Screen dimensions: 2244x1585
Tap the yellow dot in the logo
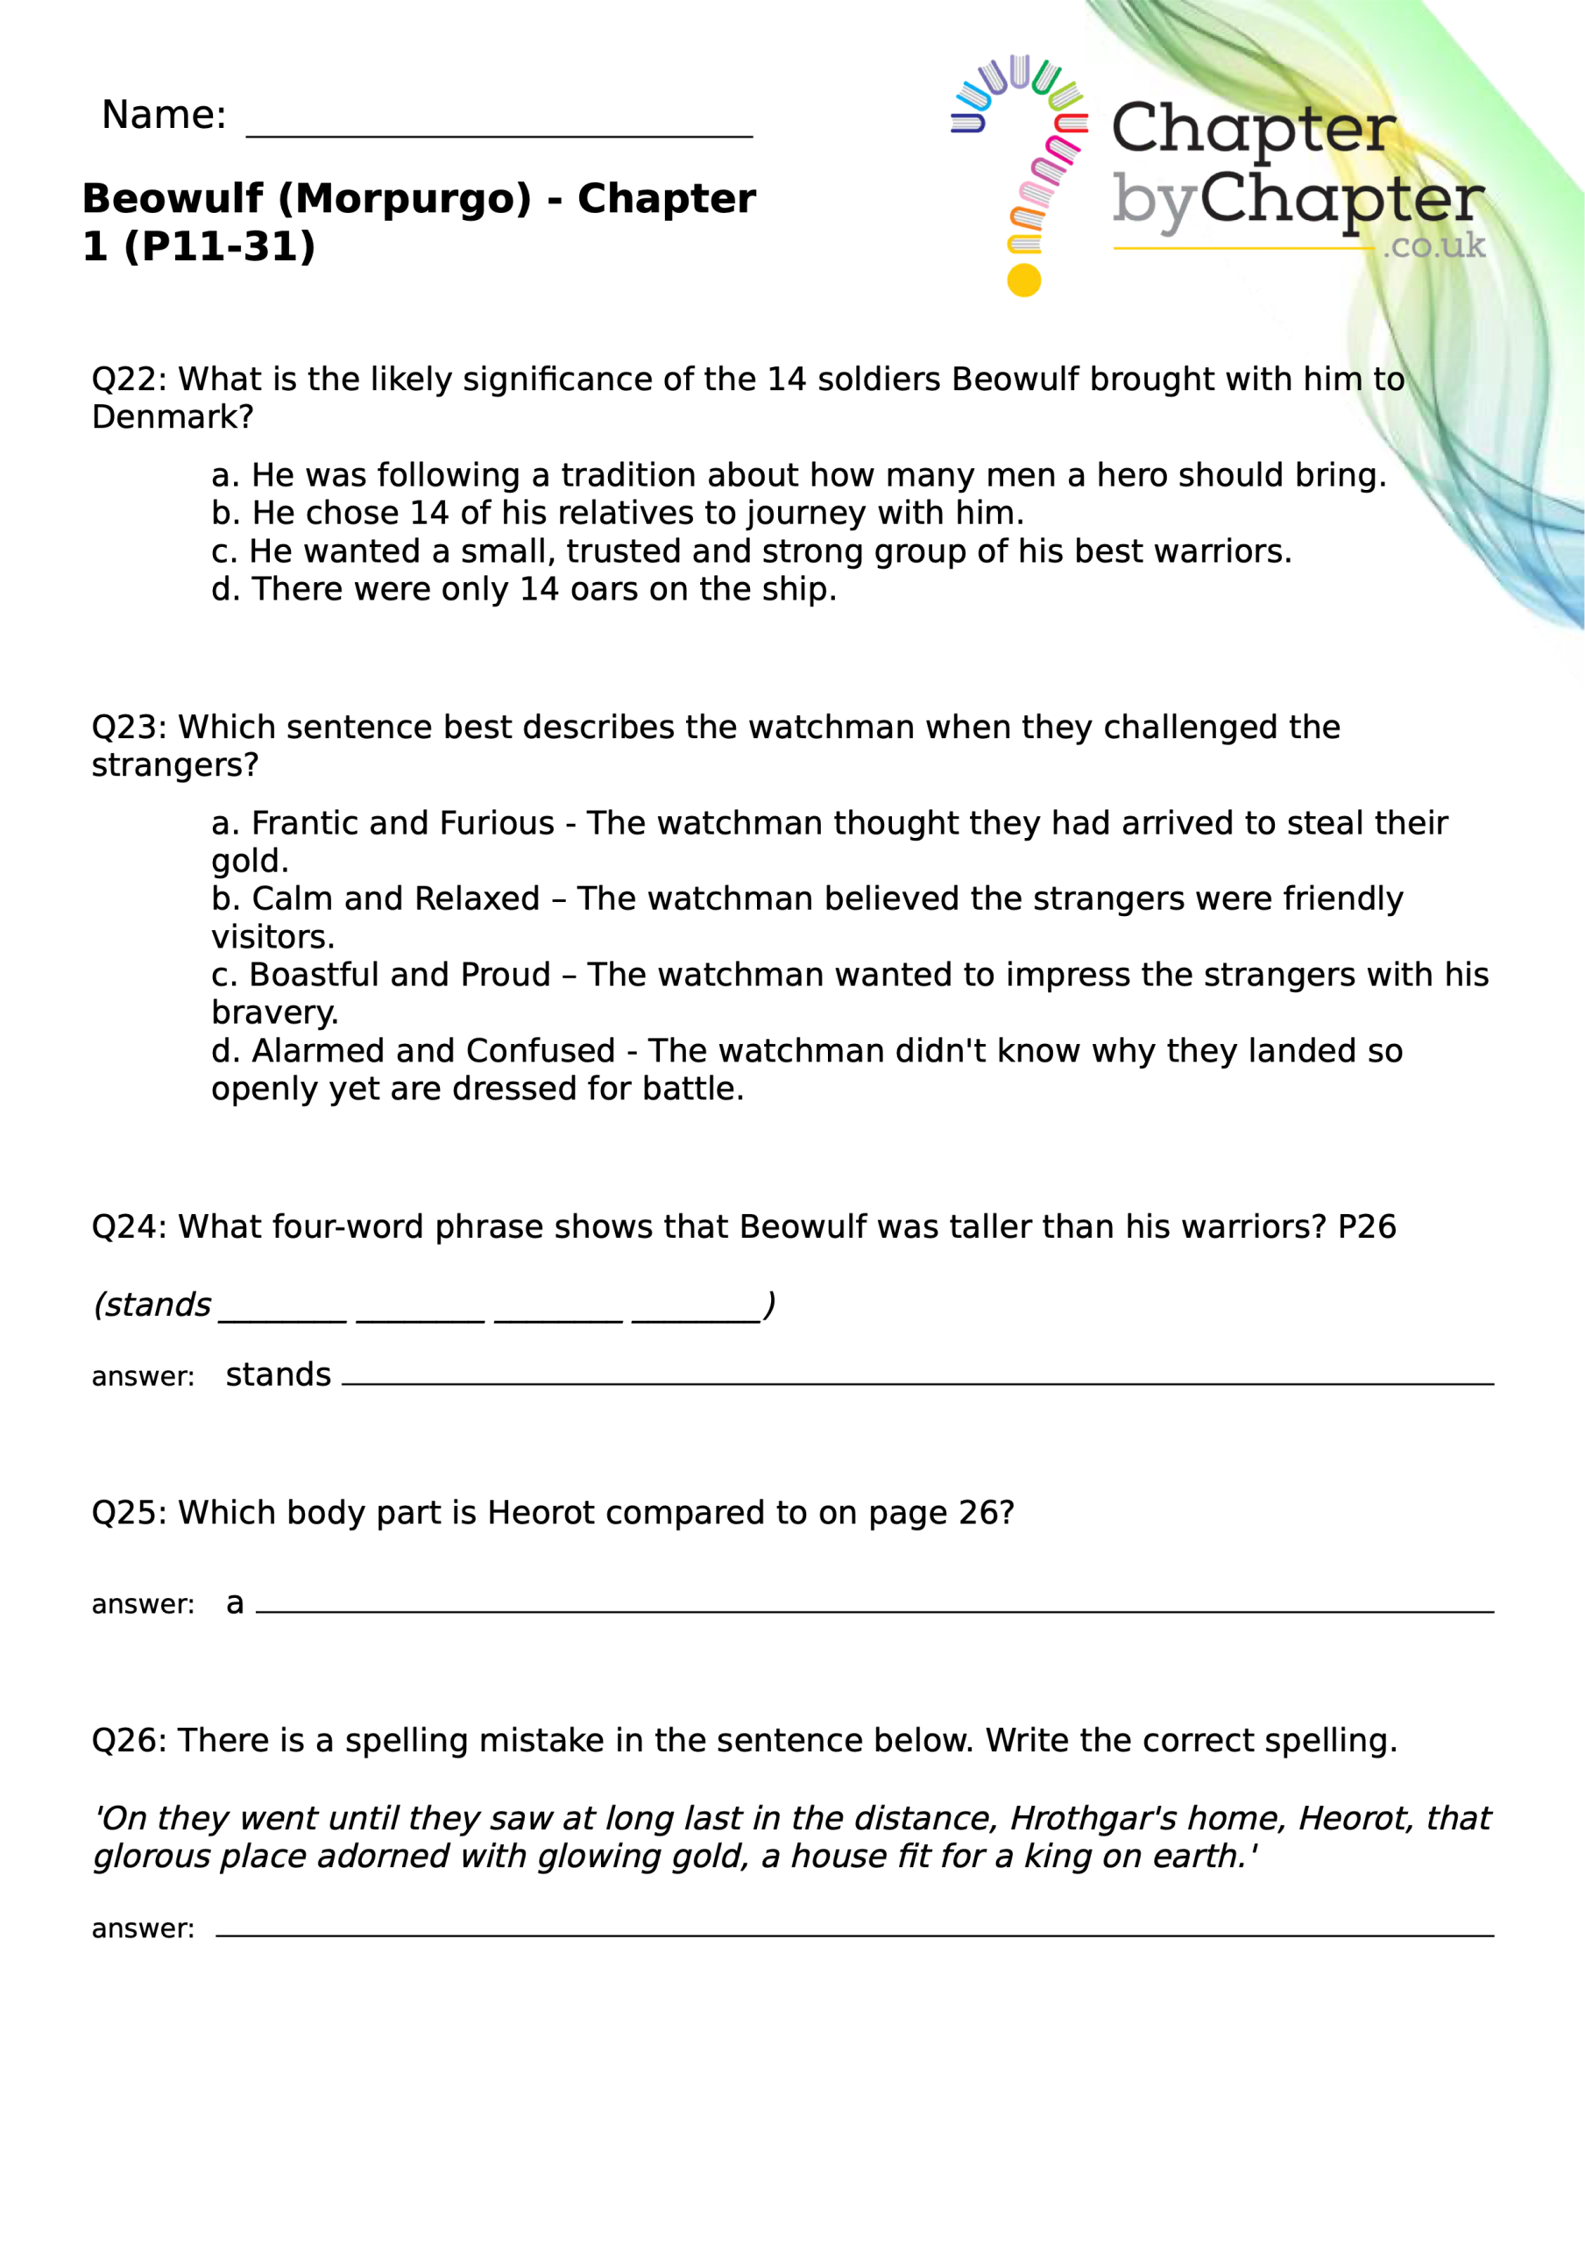(1023, 280)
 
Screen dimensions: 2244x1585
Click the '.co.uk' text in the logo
(1433, 245)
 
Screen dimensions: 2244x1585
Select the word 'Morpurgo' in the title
(406, 198)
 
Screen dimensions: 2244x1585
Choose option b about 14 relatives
(618, 513)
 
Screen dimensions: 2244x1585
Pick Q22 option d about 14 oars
(524, 589)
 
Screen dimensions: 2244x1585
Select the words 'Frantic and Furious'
(402, 823)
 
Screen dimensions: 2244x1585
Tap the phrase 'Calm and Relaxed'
(396, 898)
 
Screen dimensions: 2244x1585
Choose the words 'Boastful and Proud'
(400, 975)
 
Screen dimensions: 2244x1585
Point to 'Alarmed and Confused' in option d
(433, 1051)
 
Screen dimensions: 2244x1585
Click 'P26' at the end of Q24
(1366, 1226)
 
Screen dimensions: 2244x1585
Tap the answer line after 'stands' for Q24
(916, 1380)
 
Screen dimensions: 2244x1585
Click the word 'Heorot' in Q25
(540, 1512)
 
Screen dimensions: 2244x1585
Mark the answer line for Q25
(874, 1608)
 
